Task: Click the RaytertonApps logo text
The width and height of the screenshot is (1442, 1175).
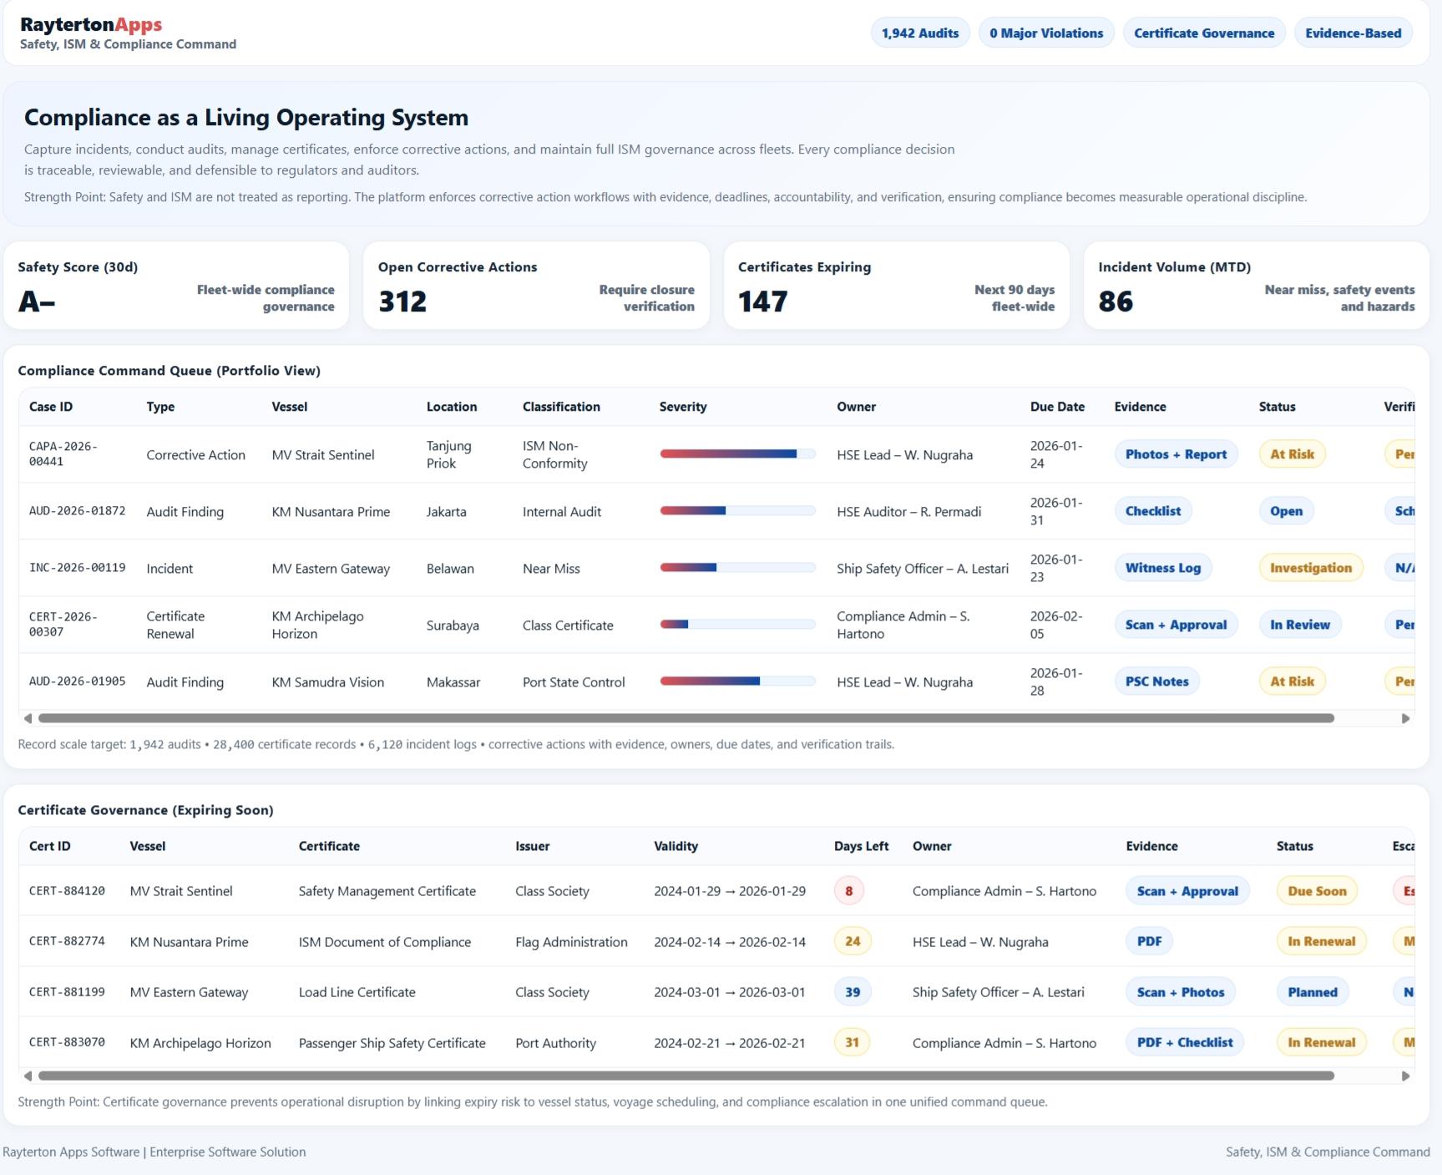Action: click(91, 24)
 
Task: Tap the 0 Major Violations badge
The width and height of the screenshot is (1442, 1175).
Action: click(1045, 33)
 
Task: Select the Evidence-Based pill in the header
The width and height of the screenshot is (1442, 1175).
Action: click(1353, 33)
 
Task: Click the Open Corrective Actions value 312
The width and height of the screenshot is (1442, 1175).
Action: click(402, 301)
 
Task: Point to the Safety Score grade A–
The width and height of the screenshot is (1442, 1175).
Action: click(37, 301)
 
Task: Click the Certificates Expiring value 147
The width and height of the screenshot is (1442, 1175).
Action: click(762, 301)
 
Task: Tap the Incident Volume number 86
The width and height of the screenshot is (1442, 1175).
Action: click(1116, 301)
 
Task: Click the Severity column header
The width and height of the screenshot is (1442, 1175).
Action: click(682, 407)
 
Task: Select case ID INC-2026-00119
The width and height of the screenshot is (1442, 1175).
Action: click(77, 568)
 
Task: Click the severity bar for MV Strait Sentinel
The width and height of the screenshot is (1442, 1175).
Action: click(737, 454)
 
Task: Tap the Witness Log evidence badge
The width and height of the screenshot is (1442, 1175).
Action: click(1162, 568)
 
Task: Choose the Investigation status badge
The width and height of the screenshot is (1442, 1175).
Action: click(1310, 568)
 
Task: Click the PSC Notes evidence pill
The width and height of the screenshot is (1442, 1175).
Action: click(1156, 681)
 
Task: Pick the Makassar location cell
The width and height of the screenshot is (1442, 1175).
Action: click(453, 682)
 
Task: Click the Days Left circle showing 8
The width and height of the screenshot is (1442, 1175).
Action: click(848, 891)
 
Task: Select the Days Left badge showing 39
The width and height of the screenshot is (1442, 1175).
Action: click(852, 992)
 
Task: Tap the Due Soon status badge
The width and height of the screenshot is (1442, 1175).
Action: click(1317, 891)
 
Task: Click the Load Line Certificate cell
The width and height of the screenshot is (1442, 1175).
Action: click(357, 992)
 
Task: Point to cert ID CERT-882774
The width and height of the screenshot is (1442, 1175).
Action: click(67, 941)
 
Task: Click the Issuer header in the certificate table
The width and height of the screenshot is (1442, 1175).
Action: click(532, 846)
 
